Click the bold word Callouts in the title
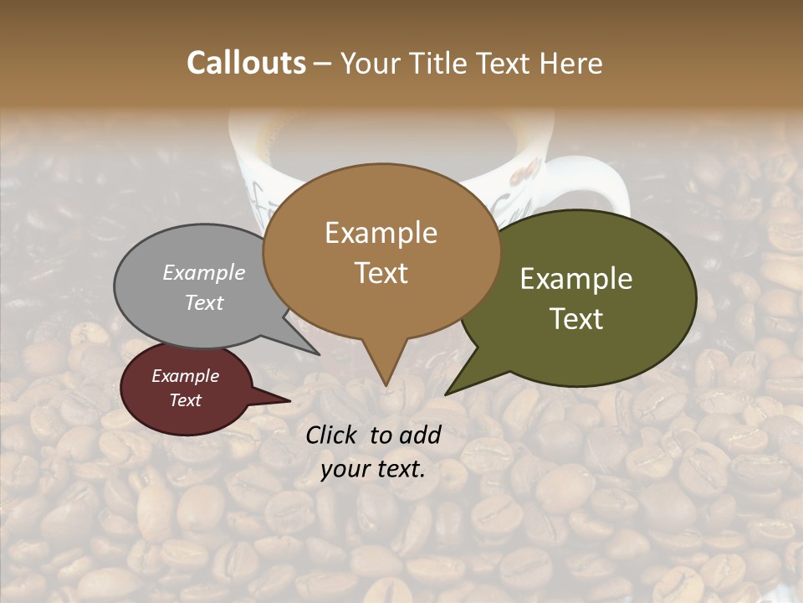pyautogui.click(x=246, y=63)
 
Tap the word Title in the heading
pyautogui.click(x=441, y=63)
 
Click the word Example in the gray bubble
pyautogui.click(x=204, y=272)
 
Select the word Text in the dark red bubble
pyautogui.click(x=186, y=400)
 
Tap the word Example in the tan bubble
pyautogui.click(x=381, y=233)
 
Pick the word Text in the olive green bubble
pyautogui.click(x=576, y=319)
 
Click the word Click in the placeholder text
pyautogui.click(x=334, y=435)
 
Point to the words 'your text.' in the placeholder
pyautogui.click(x=373, y=470)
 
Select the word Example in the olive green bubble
pyautogui.click(x=576, y=279)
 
